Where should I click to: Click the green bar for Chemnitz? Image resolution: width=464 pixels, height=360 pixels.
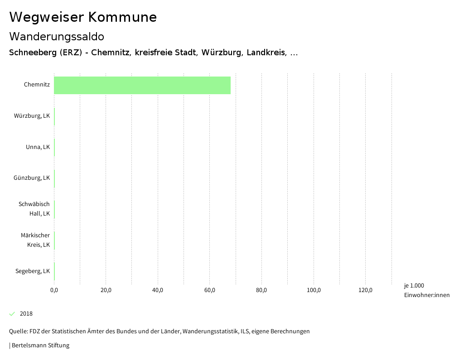pos(142,85)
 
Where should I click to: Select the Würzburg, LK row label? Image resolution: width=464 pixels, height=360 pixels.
pos(32,116)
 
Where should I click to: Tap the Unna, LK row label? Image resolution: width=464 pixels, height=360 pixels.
pos(38,147)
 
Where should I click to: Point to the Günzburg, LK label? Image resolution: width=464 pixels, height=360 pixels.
pos(32,178)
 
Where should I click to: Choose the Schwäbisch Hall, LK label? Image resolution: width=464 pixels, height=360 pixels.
pos(34,209)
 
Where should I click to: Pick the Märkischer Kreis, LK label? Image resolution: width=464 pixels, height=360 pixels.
pos(35,240)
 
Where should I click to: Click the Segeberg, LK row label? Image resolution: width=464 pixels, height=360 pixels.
pos(33,271)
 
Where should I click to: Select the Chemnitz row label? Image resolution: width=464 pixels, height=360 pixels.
pos(37,85)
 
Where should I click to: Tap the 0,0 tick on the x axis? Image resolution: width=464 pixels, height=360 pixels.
pos(54,290)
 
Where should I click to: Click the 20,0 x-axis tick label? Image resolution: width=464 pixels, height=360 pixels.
pos(106,290)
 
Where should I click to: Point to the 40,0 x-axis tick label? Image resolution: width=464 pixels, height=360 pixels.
pos(158,290)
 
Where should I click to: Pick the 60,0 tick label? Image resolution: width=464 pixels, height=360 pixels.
pos(210,290)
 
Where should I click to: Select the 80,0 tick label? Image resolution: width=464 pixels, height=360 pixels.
pos(261,290)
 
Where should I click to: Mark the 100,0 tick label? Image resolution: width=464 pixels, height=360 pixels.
pos(314,290)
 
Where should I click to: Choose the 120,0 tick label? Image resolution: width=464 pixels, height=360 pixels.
pos(366,290)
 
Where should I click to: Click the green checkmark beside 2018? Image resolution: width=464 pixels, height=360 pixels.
pos(12,314)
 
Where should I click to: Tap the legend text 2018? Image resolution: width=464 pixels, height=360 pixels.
pos(26,314)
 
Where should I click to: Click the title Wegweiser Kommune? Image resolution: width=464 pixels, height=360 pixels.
pos(83,17)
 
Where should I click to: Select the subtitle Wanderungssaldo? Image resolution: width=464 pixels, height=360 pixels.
pos(57,36)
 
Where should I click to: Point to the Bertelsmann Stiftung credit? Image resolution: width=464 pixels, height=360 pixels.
pos(40,346)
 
